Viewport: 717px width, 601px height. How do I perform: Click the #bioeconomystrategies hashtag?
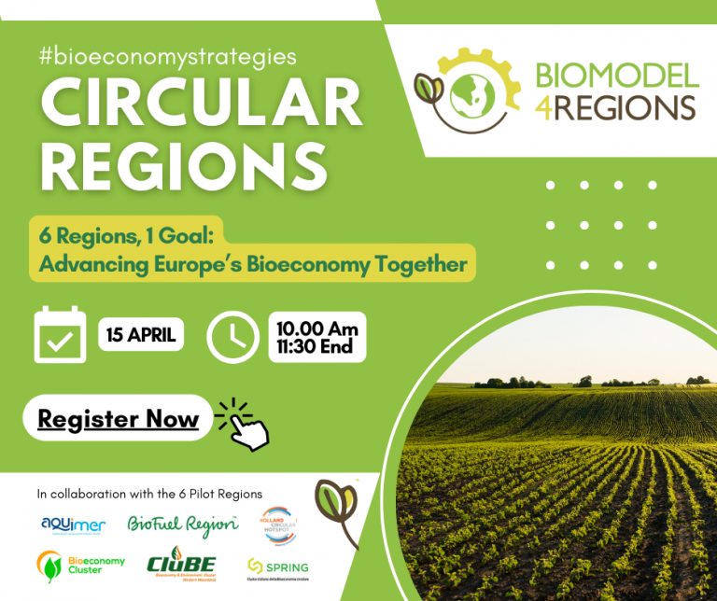click(x=168, y=56)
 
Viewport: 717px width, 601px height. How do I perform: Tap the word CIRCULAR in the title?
click(x=201, y=103)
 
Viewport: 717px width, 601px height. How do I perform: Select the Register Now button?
click(x=118, y=419)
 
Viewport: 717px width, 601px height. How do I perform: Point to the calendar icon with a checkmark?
click(x=60, y=334)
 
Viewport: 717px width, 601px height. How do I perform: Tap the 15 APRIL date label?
click(x=141, y=335)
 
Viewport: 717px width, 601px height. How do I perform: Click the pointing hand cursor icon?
click(x=245, y=425)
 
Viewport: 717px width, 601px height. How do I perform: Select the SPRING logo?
click(x=277, y=566)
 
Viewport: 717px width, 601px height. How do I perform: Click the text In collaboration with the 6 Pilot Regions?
click(x=149, y=493)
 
